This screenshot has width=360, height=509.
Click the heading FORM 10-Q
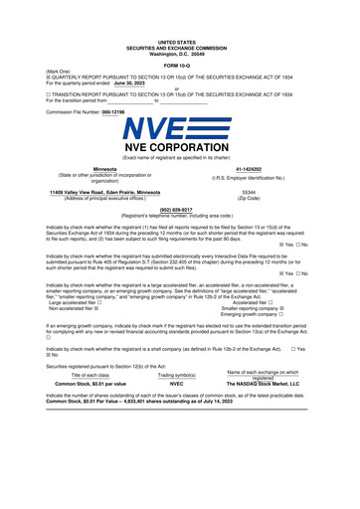(179, 65)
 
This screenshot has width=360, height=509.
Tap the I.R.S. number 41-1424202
(249, 170)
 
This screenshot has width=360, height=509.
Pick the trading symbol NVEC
(177, 383)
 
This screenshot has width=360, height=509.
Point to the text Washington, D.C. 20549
(179, 53)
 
